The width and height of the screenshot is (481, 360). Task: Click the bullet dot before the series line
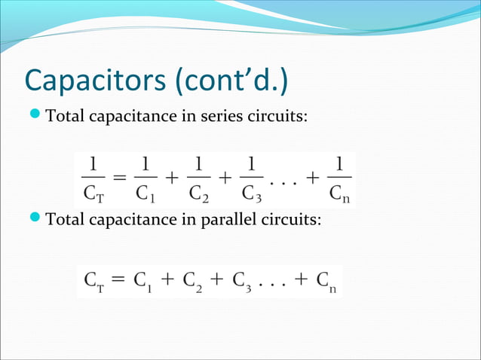coord(37,117)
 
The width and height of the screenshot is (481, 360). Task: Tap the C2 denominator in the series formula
coord(197,194)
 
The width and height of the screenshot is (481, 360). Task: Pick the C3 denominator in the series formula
coord(250,194)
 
